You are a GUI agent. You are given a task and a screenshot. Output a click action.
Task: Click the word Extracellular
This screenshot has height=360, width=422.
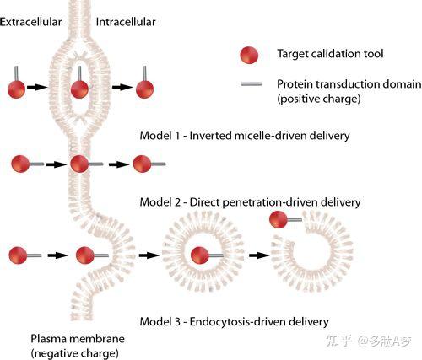click(30, 22)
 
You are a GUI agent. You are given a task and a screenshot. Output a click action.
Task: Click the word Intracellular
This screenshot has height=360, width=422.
click(126, 22)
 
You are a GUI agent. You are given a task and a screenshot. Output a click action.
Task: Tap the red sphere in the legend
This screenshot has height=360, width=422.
click(249, 55)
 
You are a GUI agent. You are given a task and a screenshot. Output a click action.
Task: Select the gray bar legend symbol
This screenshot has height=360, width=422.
click(251, 83)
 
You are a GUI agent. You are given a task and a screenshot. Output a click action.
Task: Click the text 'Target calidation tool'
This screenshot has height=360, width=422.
click(330, 53)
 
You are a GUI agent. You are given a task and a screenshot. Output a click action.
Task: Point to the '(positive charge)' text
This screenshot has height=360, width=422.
click(319, 99)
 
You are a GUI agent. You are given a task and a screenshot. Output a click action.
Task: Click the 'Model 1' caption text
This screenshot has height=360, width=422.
click(245, 136)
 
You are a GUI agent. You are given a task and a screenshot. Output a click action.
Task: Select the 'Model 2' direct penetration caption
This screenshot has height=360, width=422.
click(250, 202)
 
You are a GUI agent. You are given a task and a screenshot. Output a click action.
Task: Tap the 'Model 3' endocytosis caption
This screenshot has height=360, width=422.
click(234, 321)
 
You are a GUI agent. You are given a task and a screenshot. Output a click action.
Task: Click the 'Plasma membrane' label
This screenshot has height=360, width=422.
click(78, 339)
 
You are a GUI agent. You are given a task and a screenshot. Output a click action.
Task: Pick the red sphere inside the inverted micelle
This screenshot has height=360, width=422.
click(79, 89)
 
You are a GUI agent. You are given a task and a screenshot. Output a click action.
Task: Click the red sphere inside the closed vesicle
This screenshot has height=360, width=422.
click(200, 255)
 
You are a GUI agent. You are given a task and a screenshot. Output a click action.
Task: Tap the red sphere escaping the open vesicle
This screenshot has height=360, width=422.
click(279, 219)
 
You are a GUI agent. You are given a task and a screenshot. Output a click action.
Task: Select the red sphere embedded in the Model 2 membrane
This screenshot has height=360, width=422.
click(79, 164)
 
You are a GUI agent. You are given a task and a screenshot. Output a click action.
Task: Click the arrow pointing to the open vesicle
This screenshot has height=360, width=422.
click(259, 255)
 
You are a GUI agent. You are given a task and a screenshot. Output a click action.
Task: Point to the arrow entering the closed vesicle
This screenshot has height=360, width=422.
click(149, 255)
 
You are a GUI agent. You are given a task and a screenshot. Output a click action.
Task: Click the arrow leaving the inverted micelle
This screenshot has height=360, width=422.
click(122, 87)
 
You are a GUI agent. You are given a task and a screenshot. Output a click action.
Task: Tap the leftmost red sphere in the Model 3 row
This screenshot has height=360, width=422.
click(18, 255)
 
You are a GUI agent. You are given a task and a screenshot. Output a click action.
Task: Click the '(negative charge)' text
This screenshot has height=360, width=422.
click(74, 353)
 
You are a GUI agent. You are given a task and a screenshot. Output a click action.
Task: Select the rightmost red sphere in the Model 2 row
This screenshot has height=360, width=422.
click(142, 164)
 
